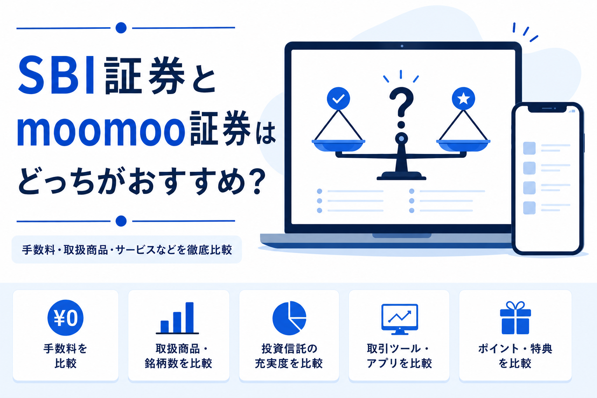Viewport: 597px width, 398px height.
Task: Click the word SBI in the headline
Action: coord(56,75)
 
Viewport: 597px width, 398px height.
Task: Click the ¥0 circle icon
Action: coord(66,318)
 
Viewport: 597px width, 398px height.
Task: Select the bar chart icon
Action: coord(177,318)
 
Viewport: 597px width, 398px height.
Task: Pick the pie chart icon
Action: coord(289,318)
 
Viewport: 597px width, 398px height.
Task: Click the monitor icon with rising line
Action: coord(400,319)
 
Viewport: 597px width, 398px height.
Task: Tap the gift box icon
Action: coord(515,318)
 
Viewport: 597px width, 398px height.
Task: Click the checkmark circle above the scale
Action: coord(339,99)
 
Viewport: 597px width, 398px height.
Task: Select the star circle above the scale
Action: coord(463,99)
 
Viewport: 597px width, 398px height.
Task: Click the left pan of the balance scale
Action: coord(339,145)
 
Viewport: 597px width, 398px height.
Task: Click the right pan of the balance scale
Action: coord(463,145)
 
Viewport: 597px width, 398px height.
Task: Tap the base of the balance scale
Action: coord(401,176)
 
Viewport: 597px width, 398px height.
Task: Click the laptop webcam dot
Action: coord(402,46)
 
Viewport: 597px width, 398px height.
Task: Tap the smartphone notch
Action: coord(547,109)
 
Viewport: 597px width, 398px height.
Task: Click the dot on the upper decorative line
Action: coord(121,28)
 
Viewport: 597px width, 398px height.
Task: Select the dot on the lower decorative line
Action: coord(121,221)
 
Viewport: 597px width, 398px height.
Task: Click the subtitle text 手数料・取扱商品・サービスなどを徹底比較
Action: coord(127,250)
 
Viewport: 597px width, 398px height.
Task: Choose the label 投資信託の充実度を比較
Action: coord(289,356)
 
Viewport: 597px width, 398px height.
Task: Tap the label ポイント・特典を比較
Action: coord(515,356)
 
